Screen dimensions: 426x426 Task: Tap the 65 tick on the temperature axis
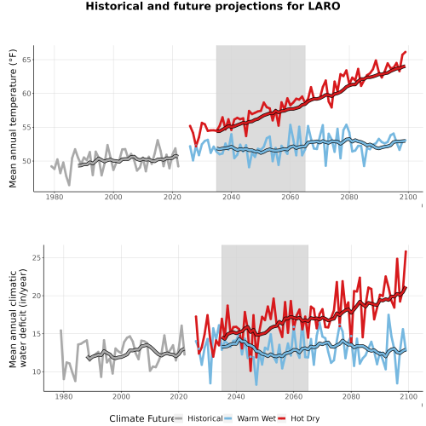(x=26, y=60)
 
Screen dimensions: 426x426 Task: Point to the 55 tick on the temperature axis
(x=26, y=128)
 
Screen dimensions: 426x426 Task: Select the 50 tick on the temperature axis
(x=26, y=161)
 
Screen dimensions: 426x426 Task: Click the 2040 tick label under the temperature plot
(x=231, y=197)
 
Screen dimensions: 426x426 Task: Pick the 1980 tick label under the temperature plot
(x=55, y=197)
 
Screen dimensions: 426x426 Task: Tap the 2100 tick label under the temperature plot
(x=408, y=197)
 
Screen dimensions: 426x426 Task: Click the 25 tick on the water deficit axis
(x=37, y=258)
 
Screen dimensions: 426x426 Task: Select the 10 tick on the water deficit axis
(x=37, y=371)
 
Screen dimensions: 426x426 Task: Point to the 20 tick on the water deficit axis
(x=37, y=296)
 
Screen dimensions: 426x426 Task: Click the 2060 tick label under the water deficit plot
(x=294, y=397)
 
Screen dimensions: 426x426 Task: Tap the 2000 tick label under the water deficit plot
(x=121, y=397)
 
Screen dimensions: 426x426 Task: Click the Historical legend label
(x=205, y=418)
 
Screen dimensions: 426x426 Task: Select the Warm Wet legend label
(x=256, y=418)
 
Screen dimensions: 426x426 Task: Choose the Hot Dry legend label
(x=305, y=419)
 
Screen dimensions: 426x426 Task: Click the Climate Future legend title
(x=141, y=418)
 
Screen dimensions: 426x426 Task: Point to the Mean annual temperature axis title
(x=13, y=118)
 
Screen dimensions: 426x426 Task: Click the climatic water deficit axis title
(x=18, y=318)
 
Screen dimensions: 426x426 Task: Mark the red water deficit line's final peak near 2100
(x=406, y=251)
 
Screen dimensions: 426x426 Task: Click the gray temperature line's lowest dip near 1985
(x=69, y=185)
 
